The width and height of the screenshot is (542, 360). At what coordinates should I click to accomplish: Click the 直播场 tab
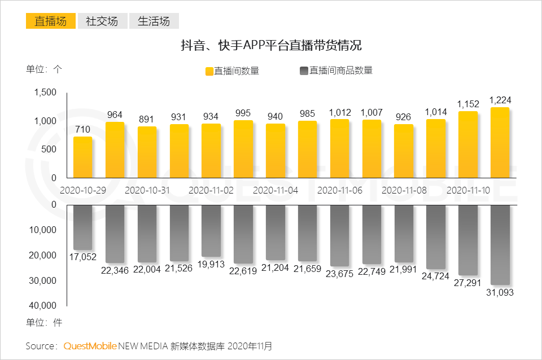[50, 21]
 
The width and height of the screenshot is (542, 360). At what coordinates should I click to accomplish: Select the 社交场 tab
[102, 21]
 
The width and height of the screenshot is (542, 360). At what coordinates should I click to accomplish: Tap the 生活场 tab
[154, 21]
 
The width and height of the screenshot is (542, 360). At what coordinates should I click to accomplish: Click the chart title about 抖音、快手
[270, 46]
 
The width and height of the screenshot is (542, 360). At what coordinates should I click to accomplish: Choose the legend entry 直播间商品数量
[335, 71]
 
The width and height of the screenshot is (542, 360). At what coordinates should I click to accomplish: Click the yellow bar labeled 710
[82, 157]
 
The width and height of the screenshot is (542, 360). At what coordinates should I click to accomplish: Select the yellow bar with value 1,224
[500, 143]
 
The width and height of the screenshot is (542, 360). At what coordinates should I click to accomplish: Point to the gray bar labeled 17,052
[82, 227]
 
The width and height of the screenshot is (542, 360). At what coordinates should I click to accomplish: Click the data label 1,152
[468, 104]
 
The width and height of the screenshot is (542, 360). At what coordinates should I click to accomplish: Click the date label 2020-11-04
[276, 191]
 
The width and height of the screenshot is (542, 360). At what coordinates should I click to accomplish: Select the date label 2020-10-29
[82, 191]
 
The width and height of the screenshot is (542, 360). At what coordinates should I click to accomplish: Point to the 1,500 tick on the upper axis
[45, 93]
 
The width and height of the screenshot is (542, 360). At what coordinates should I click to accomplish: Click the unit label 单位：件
[44, 323]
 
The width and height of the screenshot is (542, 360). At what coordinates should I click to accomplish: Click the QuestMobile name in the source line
[90, 345]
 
